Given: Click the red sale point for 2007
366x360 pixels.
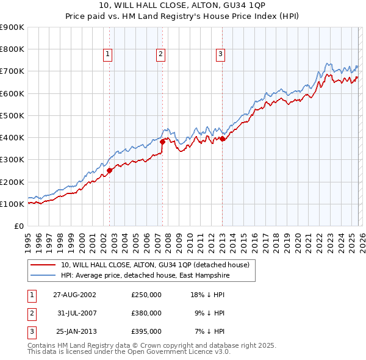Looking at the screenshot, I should click(163, 142).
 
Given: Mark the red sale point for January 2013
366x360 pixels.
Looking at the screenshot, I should click(222, 139).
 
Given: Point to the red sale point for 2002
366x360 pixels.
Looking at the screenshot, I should click(110, 171).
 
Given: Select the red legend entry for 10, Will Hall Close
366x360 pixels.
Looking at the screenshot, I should click(155, 265).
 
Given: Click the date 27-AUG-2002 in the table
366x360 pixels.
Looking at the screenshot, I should click(74, 294).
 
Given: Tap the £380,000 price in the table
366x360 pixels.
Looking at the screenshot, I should click(146, 313).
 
